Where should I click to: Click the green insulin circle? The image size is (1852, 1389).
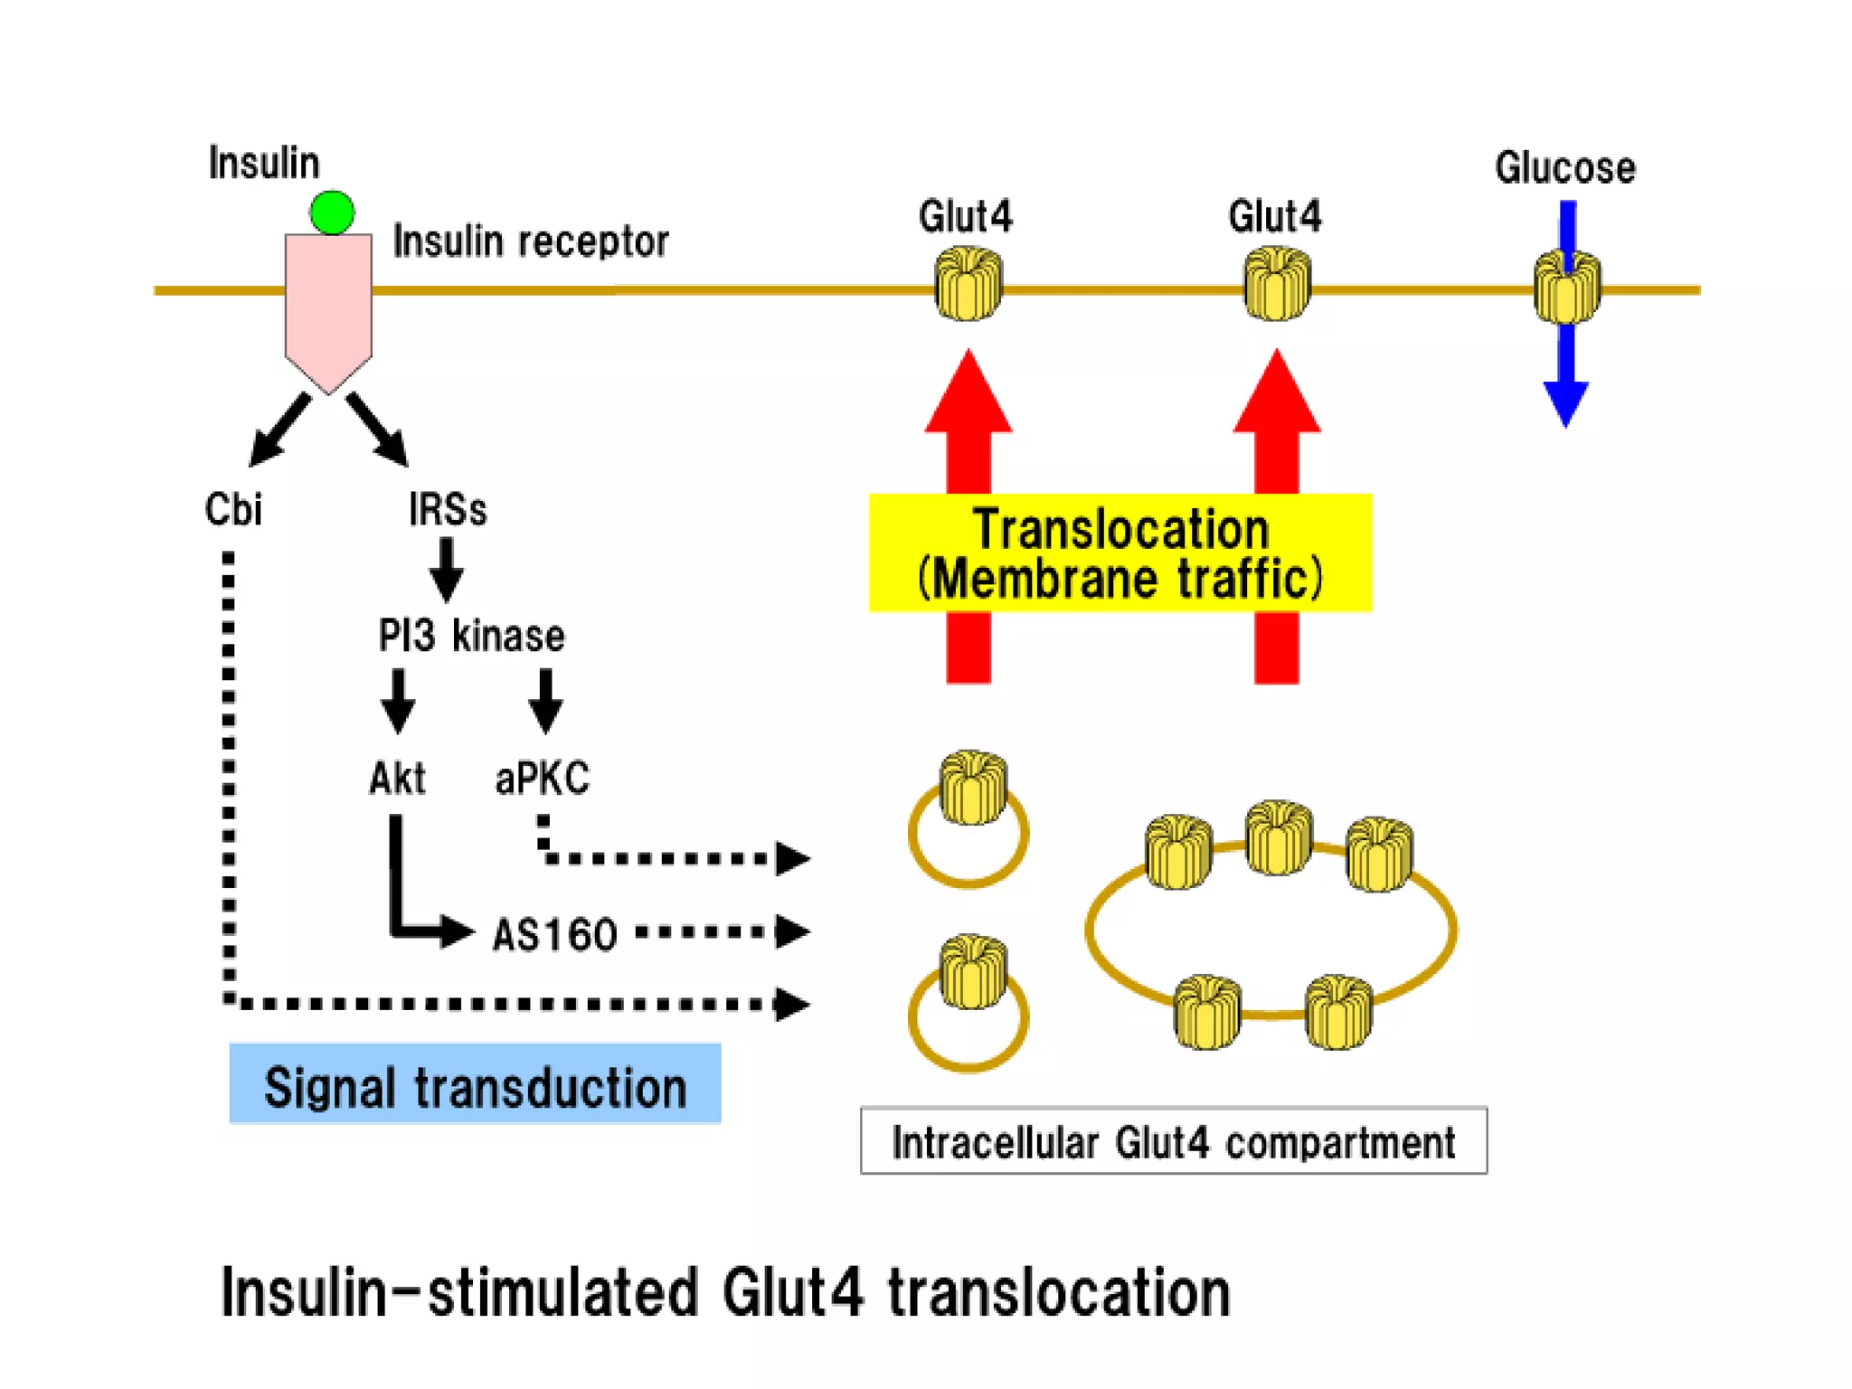[x=332, y=213]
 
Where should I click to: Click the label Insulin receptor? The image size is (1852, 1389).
[x=530, y=242]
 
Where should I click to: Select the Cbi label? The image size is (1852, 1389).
[x=233, y=509]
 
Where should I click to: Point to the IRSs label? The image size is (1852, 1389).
[x=448, y=509]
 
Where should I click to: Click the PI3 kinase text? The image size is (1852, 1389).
[x=471, y=636]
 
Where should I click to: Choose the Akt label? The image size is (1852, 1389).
[x=397, y=779]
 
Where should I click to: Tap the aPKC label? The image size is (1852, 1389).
[x=542, y=779]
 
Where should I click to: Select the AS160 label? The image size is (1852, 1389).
[x=554, y=935]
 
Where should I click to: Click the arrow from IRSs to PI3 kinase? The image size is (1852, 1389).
[x=447, y=570]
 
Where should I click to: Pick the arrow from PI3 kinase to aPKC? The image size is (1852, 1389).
[x=545, y=701]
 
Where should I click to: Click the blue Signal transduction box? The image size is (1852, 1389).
[x=475, y=1084]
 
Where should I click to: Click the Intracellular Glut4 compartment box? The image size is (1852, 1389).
[x=1173, y=1141]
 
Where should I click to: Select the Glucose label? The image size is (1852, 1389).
[x=1564, y=168]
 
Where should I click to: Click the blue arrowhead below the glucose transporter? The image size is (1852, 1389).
[x=1565, y=401]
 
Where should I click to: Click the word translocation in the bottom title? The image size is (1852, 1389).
[x=1059, y=1293]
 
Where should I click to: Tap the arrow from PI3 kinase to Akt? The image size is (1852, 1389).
[x=398, y=701]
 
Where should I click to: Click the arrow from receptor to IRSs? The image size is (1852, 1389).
[x=378, y=430]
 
